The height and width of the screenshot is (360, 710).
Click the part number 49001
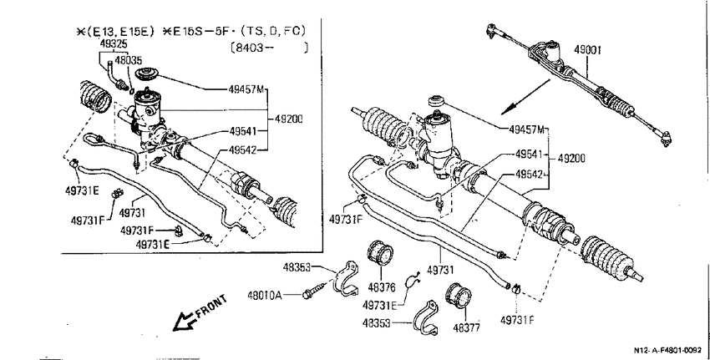(587, 49)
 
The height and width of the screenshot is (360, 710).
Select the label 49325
(114, 44)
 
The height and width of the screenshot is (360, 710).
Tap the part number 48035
(128, 61)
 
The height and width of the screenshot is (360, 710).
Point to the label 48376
(381, 287)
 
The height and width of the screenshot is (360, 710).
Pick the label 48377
(466, 328)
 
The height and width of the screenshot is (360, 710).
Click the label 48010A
(265, 296)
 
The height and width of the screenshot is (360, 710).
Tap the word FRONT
(210, 307)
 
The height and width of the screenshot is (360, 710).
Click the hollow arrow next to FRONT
(185, 321)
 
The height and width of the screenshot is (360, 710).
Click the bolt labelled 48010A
(314, 292)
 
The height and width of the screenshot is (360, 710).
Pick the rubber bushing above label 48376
(380, 254)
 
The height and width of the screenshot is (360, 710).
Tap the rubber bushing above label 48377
(459, 296)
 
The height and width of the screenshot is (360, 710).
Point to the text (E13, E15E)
(115, 32)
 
